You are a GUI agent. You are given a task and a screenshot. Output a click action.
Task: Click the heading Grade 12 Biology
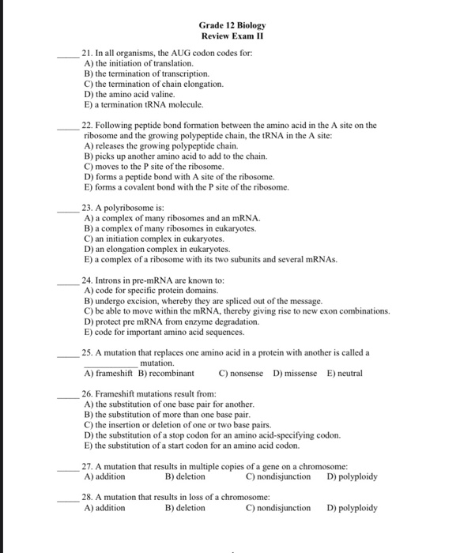pos(233,25)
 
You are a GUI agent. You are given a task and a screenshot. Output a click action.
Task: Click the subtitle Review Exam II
pos(233,36)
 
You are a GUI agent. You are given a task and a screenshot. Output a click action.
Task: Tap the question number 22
pos(89,125)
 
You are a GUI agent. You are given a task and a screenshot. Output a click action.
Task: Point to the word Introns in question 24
pos(110,280)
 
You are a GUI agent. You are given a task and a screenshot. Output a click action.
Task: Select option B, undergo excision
pos(202,301)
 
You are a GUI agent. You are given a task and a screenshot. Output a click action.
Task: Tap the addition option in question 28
pos(104,508)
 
